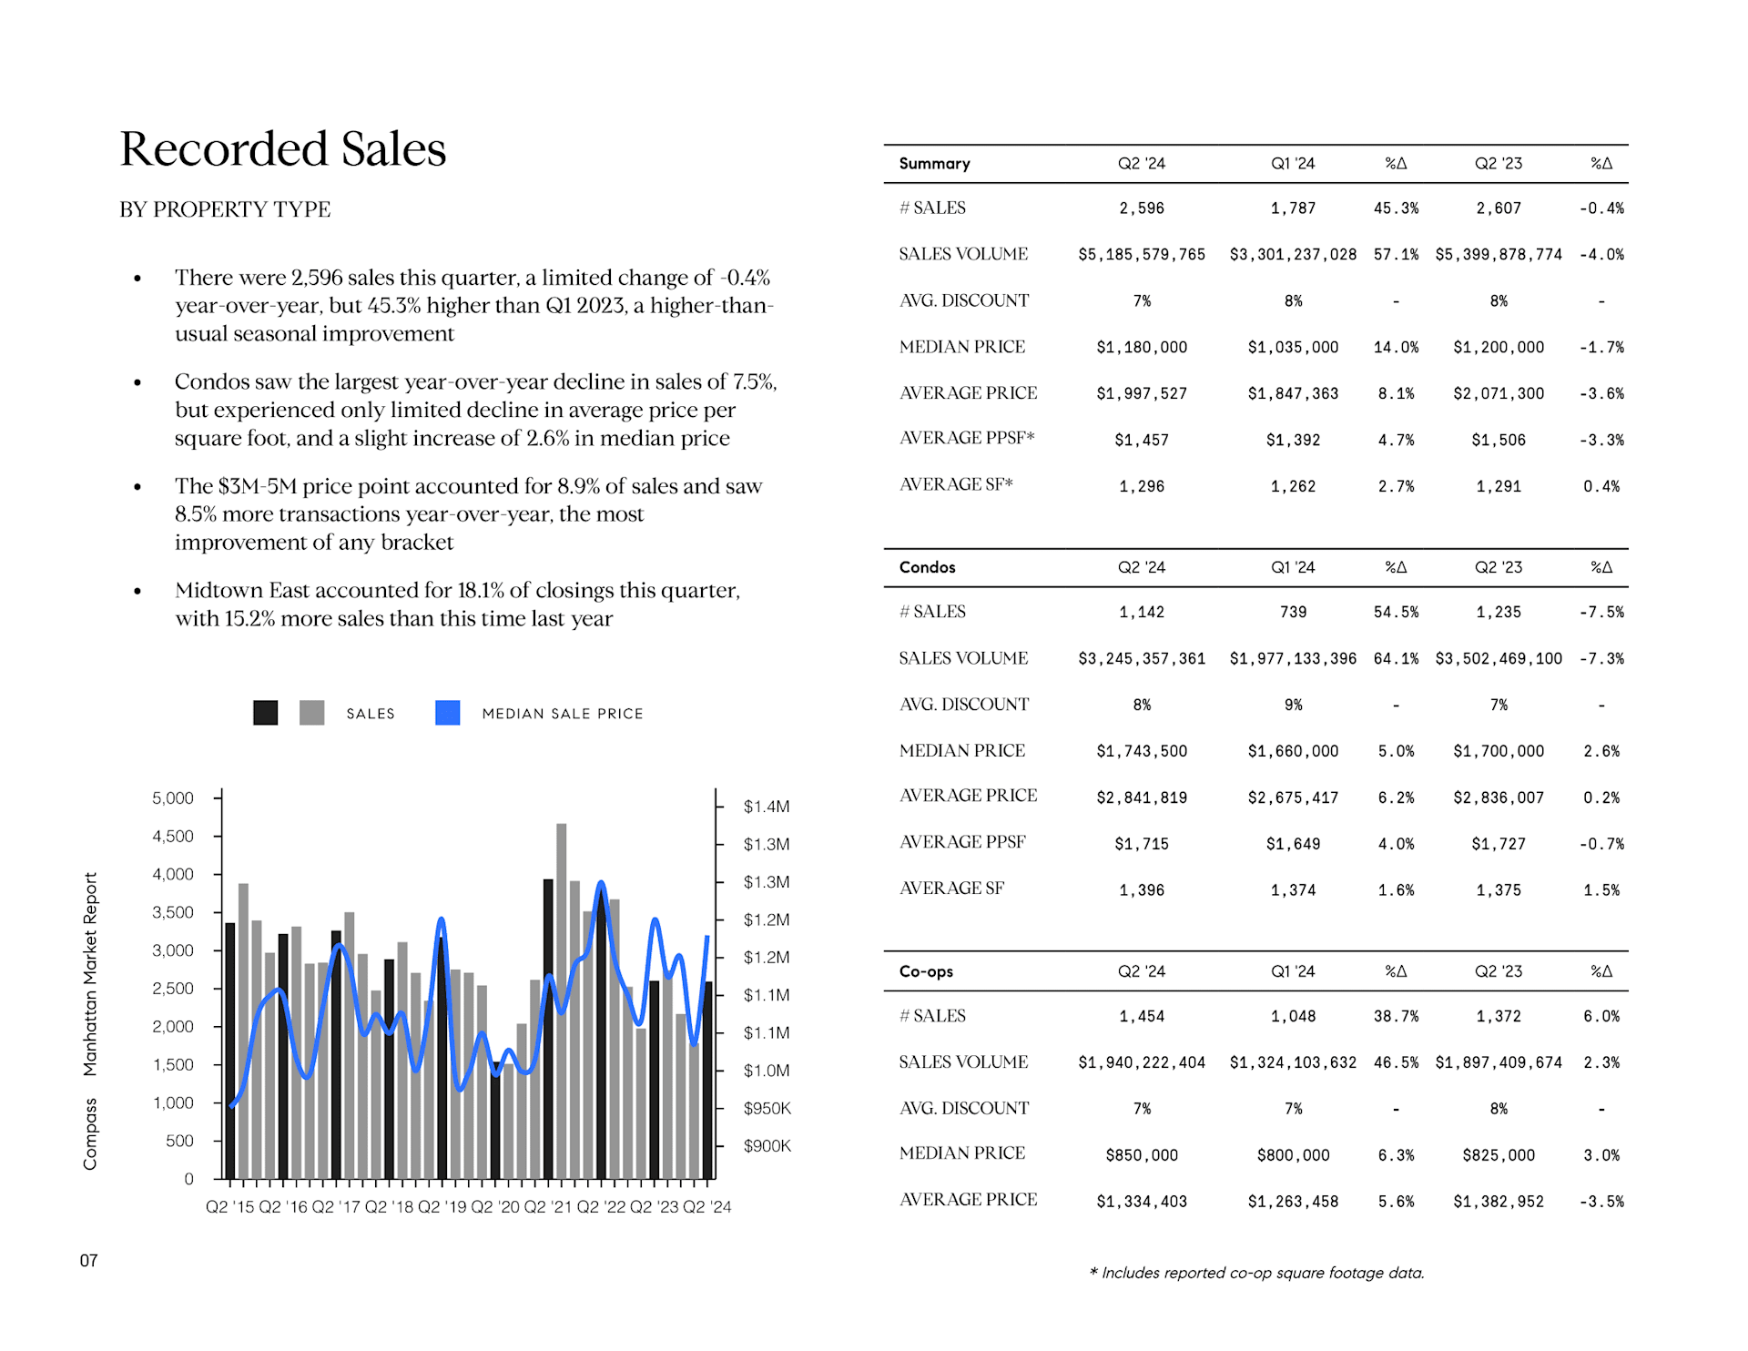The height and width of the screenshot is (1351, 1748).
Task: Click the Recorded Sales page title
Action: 283,149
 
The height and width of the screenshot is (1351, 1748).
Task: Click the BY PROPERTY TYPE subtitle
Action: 225,209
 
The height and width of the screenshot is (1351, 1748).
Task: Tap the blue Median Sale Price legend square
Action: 447,713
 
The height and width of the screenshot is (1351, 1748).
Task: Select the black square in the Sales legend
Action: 265,713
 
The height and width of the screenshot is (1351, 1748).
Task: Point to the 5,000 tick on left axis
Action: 173,798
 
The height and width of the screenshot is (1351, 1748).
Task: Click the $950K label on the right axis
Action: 767,1109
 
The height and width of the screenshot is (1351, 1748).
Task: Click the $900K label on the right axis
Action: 767,1146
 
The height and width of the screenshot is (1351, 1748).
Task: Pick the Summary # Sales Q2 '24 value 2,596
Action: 1142,208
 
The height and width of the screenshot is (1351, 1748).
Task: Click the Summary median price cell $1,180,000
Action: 1142,348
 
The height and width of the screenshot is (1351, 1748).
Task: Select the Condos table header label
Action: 927,567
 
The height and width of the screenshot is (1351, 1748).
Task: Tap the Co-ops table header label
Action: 926,971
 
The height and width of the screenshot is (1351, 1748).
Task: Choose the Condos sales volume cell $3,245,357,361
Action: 1142,659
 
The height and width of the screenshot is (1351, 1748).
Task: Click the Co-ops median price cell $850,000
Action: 1142,1155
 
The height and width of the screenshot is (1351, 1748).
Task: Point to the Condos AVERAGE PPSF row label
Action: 962,842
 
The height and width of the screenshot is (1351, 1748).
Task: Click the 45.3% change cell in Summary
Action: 1396,208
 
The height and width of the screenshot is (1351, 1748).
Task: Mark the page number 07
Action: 88,1261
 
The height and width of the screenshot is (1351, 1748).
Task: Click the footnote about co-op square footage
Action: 1256,1273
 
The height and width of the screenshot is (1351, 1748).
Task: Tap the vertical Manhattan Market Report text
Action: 90,974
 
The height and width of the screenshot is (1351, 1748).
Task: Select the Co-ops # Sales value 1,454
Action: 1142,1017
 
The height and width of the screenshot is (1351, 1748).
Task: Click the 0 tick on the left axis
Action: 188,1179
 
